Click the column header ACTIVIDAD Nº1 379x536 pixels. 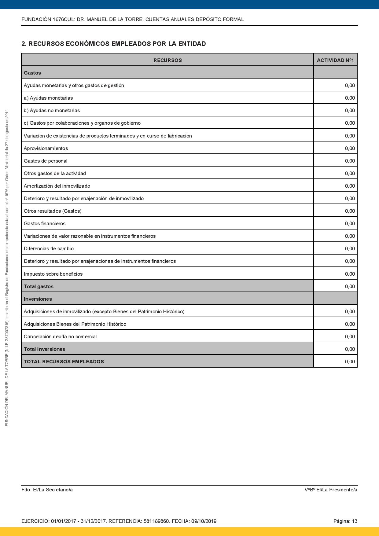pos(335,60)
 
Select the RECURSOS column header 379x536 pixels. pos(167,60)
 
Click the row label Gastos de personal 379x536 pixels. pos(46,161)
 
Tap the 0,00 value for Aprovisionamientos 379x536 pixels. pos(350,148)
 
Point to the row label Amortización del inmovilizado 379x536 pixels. pos(57,186)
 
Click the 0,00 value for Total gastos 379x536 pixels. pos(350,286)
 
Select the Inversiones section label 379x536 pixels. pos(38,299)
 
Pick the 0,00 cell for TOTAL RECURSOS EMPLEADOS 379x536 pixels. pos(350,362)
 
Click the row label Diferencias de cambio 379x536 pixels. pos(49,248)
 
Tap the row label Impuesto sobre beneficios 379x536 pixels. pos(53,274)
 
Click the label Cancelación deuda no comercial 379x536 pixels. pos(60,336)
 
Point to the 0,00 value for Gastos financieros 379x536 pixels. pos(350,223)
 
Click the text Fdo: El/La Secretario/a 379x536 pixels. pos(47,490)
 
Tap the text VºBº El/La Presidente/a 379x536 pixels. pos(331,490)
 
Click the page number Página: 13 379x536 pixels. pos(345,521)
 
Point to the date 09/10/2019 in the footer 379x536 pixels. pos(204,521)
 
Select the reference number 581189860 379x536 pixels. pos(156,521)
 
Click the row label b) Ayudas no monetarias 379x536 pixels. pos(52,110)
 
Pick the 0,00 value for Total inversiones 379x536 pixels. pos(350,349)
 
